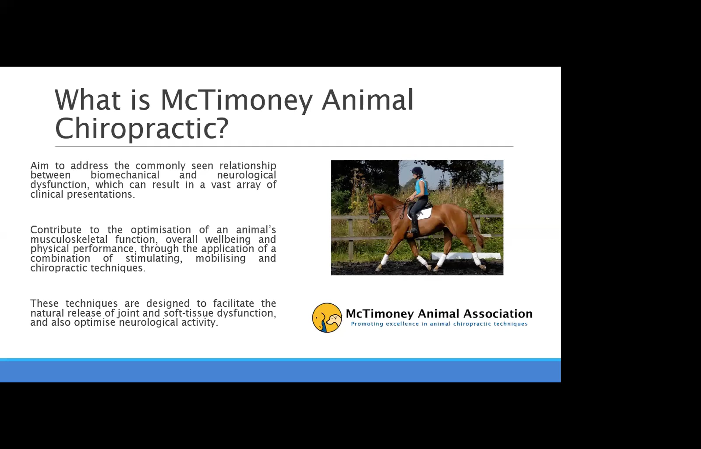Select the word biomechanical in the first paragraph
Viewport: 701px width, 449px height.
(125, 175)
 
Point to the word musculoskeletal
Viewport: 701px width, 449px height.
(69, 239)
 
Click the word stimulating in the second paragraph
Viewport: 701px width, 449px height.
(154, 258)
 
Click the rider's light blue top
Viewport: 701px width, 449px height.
(421, 186)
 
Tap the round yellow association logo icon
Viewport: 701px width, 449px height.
(327, 318)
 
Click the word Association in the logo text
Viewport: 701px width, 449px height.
(498, 314)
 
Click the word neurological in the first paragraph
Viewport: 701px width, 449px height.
(246, 175)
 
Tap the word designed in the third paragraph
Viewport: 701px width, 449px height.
(168, 304)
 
